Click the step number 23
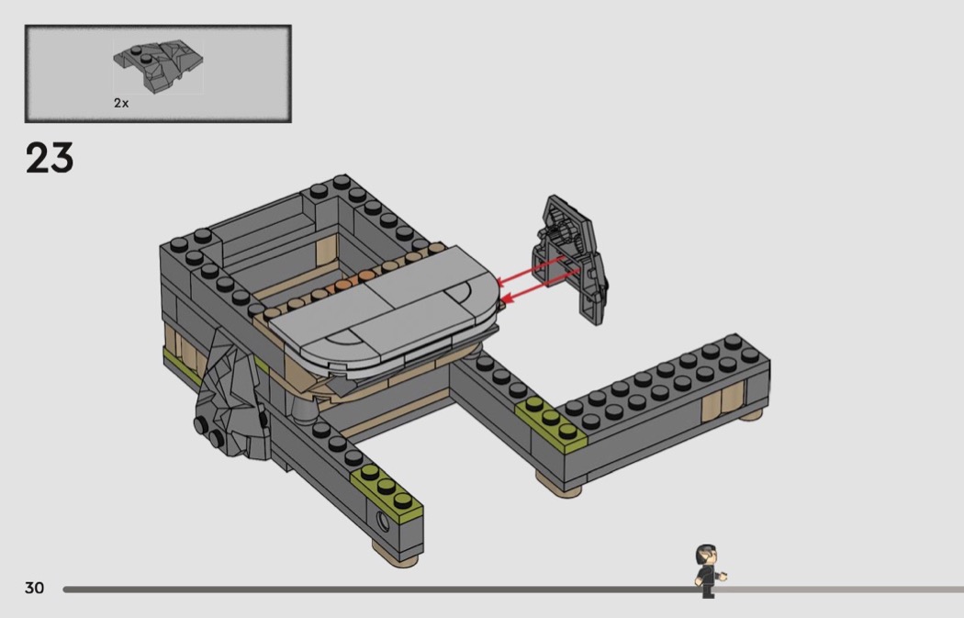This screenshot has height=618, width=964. pyautogui.click(x=50, y=158)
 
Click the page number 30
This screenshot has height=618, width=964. pyautogui.click(x=35, y=588)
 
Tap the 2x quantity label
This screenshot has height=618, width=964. pyautogui.click(x=121, y=104)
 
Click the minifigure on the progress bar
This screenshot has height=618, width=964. pyautogui.click(x=710, y=570)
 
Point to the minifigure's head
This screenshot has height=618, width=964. pyautogui.click(x=706, y=556)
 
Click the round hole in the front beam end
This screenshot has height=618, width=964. pyautogui.click(x=383, y=522)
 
